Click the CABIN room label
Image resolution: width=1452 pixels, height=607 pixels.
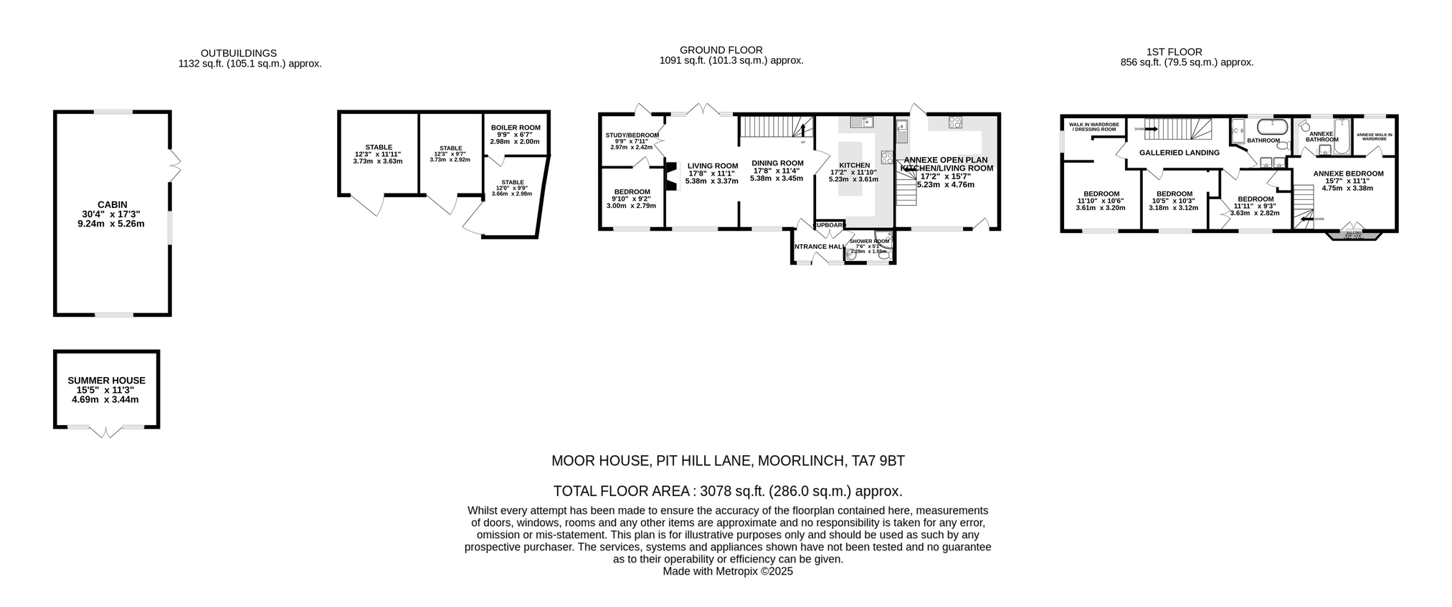[x=112, y=204]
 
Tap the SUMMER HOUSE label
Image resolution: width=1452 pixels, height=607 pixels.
[x=106, y=381]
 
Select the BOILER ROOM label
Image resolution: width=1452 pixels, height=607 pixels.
[x=516, y=128]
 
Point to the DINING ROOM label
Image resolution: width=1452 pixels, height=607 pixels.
[x=777, y=163]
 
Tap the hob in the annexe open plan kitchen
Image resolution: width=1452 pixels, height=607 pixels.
[x=955, y=122]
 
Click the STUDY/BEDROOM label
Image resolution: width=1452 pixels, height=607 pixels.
[x=632, y=135]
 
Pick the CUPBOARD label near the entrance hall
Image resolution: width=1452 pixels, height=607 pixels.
[x=830, y=225]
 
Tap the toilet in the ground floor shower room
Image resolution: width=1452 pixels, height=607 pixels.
[x=851, y=254]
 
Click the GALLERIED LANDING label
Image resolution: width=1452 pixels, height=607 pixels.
[x=1179, y=153]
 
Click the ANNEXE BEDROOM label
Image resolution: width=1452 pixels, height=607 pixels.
[x=1348, y=173]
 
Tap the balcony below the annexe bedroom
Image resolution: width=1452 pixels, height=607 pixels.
[x=1353, y=234]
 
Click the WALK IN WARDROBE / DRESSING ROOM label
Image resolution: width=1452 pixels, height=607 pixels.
[x=1093, y=127]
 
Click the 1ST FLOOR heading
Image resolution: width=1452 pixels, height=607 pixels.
[x=1174, y=52]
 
